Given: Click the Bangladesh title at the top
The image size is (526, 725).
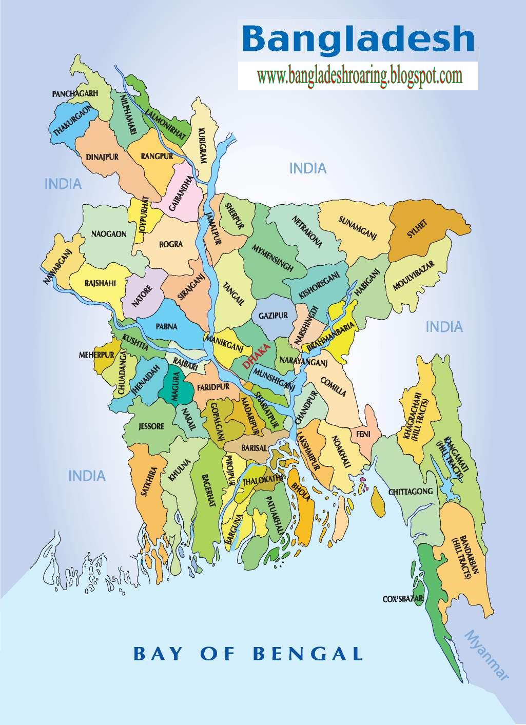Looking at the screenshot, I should tap(358, 39).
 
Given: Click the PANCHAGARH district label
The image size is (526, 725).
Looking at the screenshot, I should tap(74, 94).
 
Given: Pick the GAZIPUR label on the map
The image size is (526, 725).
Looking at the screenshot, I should tap(274, 316).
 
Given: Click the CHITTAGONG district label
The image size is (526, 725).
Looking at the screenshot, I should tap(411, 492).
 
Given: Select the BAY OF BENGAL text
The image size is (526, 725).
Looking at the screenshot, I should tap(248, 654).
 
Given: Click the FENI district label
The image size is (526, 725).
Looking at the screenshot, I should tap(364, 434).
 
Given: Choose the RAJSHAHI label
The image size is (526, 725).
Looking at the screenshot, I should tap(100, 283).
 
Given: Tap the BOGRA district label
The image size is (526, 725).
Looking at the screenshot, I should tap(171, 244).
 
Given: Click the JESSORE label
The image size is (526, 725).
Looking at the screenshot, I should tap(151, 426).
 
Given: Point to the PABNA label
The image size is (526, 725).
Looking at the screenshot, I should tap(167, 326).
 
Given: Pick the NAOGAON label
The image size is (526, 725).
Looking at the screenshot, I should tap(109, 234).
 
